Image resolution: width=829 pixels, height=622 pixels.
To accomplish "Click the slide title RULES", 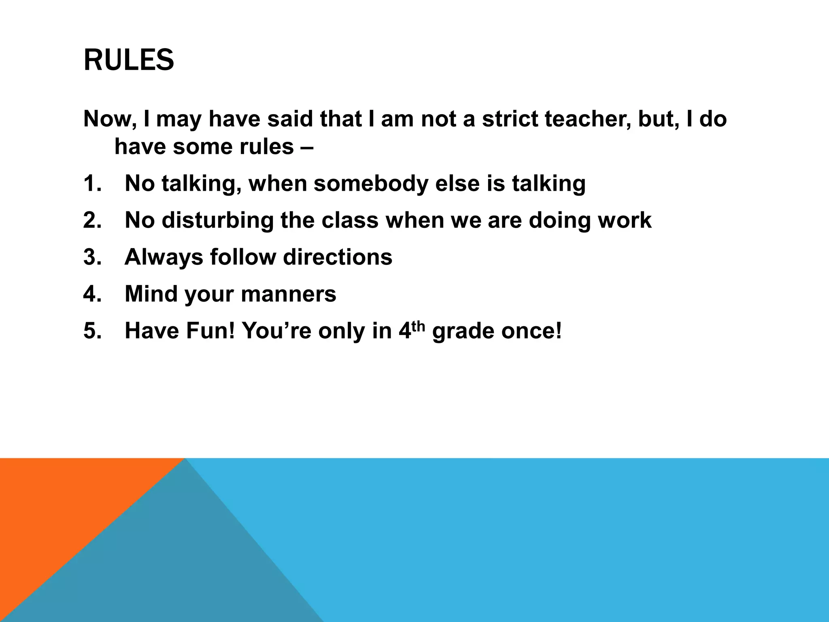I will point(129,60).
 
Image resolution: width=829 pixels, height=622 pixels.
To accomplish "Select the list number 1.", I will point(92,183).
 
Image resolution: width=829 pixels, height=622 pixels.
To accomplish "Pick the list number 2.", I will point(92,220).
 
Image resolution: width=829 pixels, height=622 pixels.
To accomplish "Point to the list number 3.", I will point(92,257).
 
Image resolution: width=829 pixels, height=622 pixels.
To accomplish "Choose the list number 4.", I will point(92,294).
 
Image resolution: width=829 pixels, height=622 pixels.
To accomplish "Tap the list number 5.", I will point(92,331).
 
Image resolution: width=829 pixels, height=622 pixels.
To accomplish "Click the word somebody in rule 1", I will point(371,183).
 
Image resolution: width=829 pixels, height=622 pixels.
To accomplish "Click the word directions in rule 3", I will point(338,257).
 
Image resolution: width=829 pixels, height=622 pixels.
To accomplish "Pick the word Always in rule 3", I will point(164,257).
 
